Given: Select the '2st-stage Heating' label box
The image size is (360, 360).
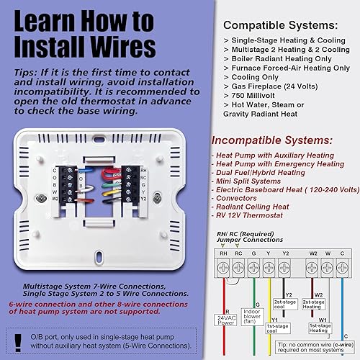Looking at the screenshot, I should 312,305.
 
